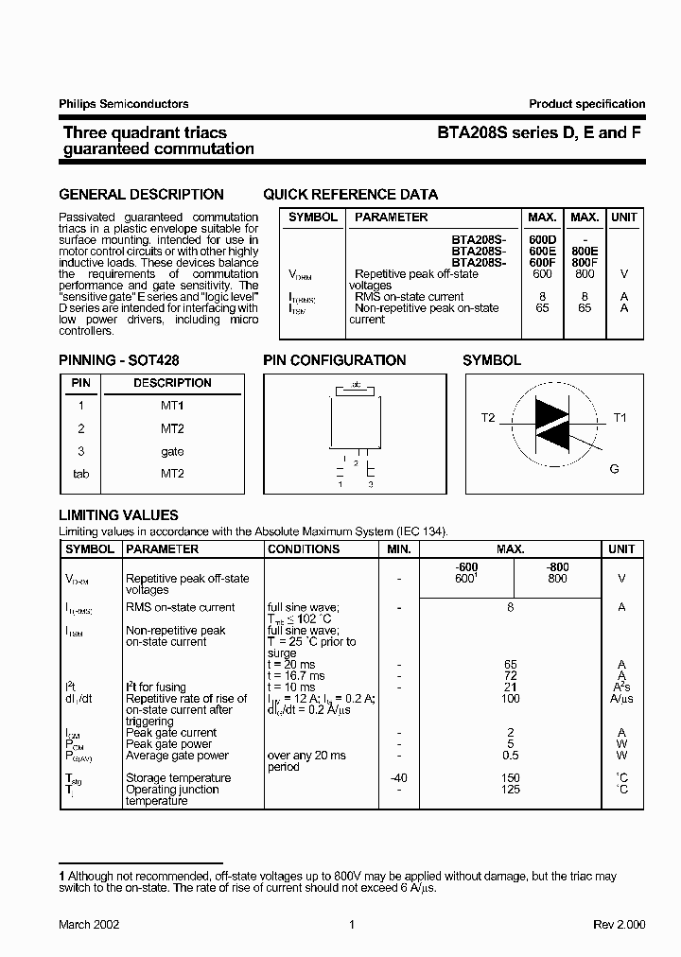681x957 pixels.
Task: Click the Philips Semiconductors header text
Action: pyautogui.click(x=124, y=104)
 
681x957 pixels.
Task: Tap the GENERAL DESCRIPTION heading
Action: pyautogui.click(x=142, y=195)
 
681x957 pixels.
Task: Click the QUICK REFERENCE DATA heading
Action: pyautogui.click(x=350, y=195)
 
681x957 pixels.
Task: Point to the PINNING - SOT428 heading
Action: pyautogui.click(x=119, y=360)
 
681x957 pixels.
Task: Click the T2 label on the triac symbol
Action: pyautogui.click(x=488, y=418)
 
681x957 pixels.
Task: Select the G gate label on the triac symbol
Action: pyautogui.click(x=614, y=469)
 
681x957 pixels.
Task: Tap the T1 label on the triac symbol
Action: pyautogui.click(x=620, y=418)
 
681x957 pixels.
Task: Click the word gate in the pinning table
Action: pyautogui.click(x=172, y=452)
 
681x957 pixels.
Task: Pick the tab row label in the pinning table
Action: pyautogui.click(x=81, y=474)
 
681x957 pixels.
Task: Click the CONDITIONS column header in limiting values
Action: pyautogui.click(x=304, y=549)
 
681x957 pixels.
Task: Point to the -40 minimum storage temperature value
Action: pyautogui.click(x=399, y=778)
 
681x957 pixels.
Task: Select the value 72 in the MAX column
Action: pyautogui.click(x=510, y=676)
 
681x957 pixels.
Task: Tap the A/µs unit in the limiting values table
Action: pyautogui.click(x=621, y=699)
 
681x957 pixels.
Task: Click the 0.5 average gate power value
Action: pyautogui.click(x=510, y=756)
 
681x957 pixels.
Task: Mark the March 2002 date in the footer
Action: pyautogui.click(x=89, y=925)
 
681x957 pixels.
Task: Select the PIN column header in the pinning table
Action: pyautogui.click(x=81, y=383)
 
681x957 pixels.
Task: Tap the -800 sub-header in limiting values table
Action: pyautogui.click(x=557, y=566)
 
